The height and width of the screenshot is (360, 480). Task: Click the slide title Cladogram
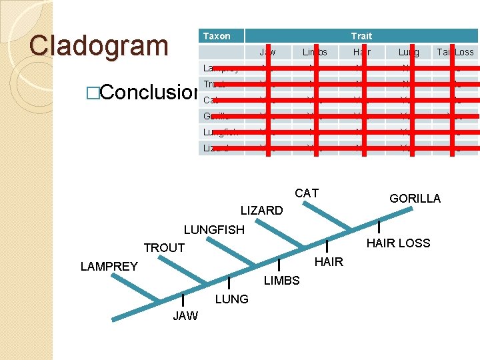pos(99,45)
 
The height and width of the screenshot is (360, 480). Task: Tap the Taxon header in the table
pos(217,36)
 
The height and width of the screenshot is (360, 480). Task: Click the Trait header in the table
pos(361,36)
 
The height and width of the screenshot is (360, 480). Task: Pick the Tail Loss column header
pos(455,52)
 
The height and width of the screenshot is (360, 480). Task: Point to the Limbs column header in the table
pos(315,52)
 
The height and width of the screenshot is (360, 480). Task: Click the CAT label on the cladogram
pos(307,193)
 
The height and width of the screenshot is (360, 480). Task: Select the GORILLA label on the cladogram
pos(415,199)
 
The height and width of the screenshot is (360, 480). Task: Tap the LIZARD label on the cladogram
pos(261,211)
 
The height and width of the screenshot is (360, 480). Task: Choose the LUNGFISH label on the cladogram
pos(214,230)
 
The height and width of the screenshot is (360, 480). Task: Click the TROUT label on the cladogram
pos(164,248)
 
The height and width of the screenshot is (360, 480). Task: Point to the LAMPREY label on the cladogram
pos(109,267)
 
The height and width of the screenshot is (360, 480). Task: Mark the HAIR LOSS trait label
pos(399,243)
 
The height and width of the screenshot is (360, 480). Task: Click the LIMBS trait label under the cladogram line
pos(281,281)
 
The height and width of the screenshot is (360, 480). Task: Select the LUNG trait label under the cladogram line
pos(231,299)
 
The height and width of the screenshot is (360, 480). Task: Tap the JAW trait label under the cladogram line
pos(185,316)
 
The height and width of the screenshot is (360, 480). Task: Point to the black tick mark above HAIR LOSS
pos(379,227)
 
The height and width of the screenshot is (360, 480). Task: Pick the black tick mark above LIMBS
pos(279,264)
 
